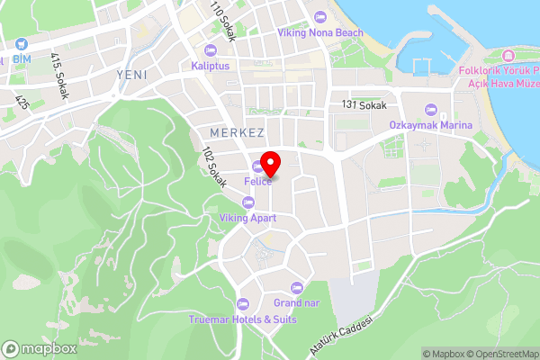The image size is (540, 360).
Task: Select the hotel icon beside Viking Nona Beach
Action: click(322, 17)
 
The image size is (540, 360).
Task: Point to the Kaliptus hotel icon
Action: click(211, 50)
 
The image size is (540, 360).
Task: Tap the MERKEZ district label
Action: click(228, 132)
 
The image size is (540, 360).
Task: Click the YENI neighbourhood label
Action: click(131, 74)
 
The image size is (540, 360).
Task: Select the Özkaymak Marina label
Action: click(430, 125)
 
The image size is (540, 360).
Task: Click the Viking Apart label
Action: click(247, 217)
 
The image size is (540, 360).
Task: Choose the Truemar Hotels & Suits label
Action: click(242, 319)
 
